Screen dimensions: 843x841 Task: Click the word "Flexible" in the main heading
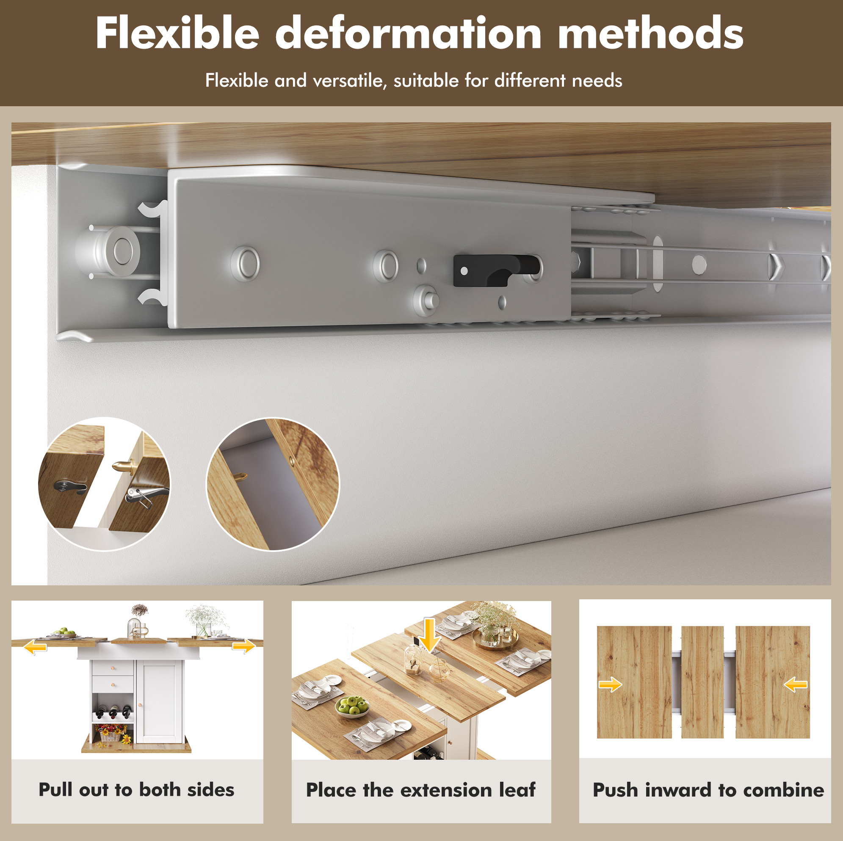177,33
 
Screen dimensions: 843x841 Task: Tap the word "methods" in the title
651,33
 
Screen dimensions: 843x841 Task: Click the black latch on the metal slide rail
496,270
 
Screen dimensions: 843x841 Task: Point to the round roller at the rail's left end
109,251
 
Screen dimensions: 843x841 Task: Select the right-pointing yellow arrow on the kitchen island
244,645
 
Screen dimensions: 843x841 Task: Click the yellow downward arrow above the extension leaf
430,635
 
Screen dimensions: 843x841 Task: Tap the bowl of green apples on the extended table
352,706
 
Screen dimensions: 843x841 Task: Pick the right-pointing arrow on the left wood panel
610,684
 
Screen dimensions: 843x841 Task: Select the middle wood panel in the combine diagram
702,682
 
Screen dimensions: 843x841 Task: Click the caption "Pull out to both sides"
137,789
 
